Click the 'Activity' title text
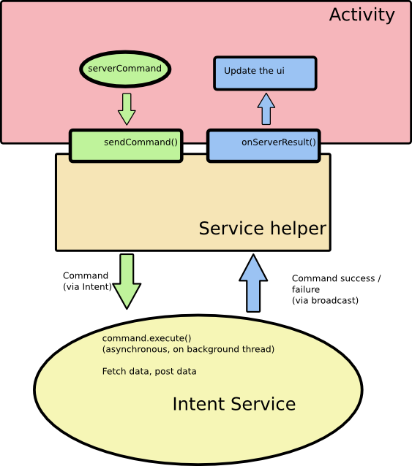[x=362, y=15]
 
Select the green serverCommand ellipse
[x=125, y=69]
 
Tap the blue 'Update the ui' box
[x=265, y=73]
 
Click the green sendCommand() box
[x=126, y=145]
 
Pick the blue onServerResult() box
[x=263, y=145]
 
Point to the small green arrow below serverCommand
[x=127, y=109]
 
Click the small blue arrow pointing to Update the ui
[x=266, y=109]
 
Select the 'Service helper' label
[x=262, y=229]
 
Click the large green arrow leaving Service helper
[x=127, y=281]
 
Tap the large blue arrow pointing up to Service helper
[x=253, y=283]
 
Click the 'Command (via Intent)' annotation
[x=87, y=281]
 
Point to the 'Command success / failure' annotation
[x=337, y=284]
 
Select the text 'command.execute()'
[x=147, y=338]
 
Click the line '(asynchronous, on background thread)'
[x=188, y=349]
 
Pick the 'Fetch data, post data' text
[x=149, y=372]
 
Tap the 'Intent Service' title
[x=234, y=404]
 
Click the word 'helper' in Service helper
[x=299, y=229]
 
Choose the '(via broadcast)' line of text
[x=325, y=300]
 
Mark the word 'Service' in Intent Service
[x=263, y=404]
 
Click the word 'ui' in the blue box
[x=281, y=71]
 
